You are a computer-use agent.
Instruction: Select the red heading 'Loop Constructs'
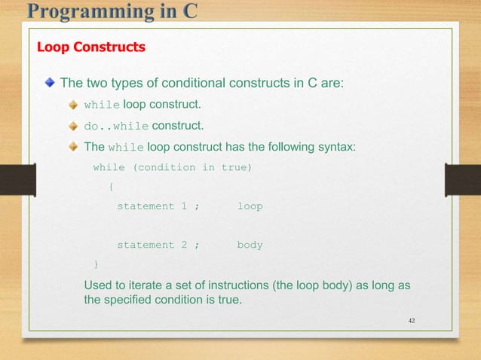tap(91, 47)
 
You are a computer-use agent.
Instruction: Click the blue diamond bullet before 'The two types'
tap(50, 82)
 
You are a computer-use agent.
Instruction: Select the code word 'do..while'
tap(116, 126)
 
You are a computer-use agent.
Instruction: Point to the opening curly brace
tap(112, 187)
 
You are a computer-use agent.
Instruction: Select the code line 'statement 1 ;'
tap(158, 206)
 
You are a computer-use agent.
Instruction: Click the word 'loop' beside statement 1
tap(250, 206)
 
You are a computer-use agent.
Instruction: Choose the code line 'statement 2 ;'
tap(158, 245)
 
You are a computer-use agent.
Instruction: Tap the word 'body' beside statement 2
tap(250, 245)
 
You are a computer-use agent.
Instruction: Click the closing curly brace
tap(95, 264)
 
